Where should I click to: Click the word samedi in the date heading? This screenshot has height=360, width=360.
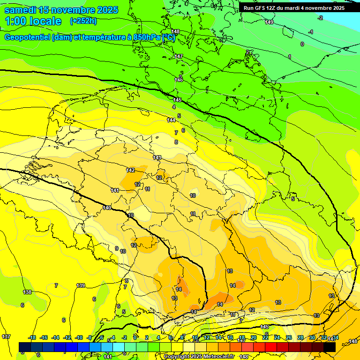[20, 10]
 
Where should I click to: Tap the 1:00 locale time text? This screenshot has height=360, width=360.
[33, 21]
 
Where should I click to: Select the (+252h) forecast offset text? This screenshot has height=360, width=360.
[83, 21]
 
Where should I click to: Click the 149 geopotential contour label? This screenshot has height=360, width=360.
[269, 22]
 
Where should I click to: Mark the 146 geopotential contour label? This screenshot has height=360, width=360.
[179, 80]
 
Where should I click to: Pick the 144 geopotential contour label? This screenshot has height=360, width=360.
[171, 120]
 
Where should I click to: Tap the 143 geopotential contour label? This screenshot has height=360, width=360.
[157, 157]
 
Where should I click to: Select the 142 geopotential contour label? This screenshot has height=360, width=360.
[131, 170]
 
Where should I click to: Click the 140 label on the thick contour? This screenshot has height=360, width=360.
[107, 208]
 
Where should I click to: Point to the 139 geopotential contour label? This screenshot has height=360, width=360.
[81, 285]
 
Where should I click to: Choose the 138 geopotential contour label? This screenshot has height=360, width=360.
[28, 292]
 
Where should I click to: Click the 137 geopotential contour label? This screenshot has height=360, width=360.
[6, 337]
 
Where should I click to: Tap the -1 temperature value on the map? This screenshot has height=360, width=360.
[311, 32]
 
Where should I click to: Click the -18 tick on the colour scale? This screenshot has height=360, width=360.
[32, 337]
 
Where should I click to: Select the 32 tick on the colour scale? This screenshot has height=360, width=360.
[323, 337]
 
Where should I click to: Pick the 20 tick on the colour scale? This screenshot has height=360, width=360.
[254, 337]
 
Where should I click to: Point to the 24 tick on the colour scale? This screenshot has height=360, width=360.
[277, 337]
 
